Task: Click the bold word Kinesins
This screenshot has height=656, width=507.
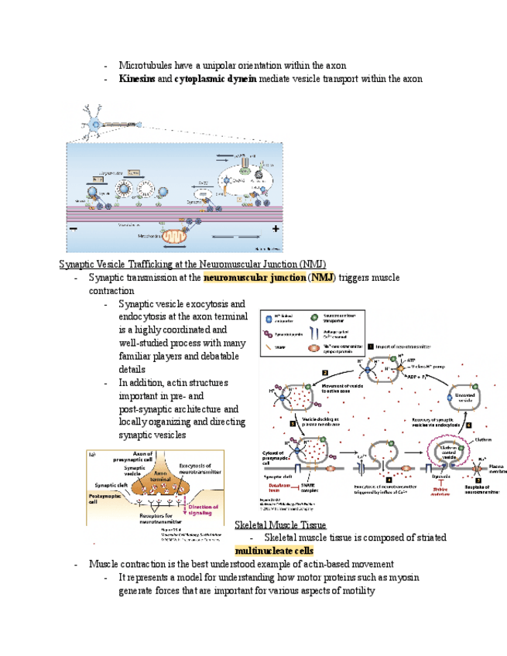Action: click(136, 79)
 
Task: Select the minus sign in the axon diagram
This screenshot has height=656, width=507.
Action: click(74, 229)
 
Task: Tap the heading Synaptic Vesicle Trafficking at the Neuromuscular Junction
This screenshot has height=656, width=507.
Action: click(192, 265)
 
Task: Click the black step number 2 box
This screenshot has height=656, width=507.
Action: click(326, 372)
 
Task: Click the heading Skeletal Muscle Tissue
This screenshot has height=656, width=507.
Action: click(280, 525)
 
